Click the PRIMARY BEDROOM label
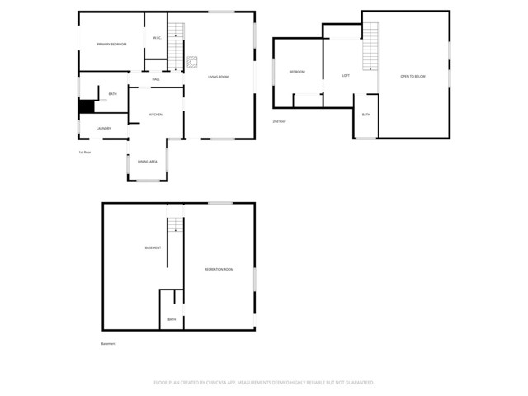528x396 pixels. [111, 44]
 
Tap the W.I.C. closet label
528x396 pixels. [156, 38]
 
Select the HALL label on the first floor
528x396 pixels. [156, 79]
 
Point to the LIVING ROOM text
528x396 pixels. [218, 77]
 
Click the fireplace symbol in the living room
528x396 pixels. [193, 60]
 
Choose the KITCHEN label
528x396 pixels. [155, 114]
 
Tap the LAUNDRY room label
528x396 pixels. [103, 128]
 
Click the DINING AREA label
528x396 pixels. [148, 161]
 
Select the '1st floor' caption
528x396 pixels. [83, 152]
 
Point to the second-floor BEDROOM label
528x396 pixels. [297, 72]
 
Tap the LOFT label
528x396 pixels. [346, 75]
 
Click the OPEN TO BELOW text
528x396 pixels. [412, 75]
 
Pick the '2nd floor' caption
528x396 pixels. [279, 121]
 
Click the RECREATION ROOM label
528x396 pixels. [219, 269]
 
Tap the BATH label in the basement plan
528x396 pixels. [172, 319]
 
